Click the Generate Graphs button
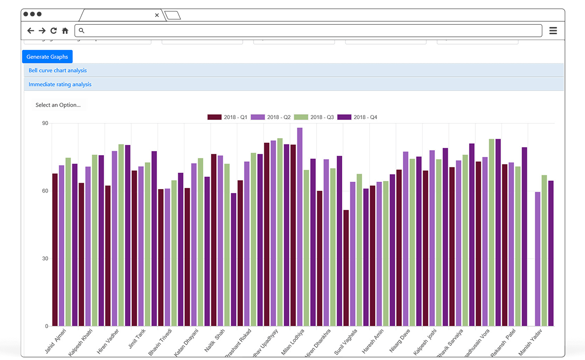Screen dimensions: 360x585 pyautogui.click(x=47, y=57)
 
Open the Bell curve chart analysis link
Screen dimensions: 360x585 pyautogui.click(x=58, y=71)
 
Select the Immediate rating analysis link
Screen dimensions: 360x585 pyautogui.click(x=60, y=85)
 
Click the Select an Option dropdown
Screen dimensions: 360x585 pyautogui.click(x=58, y=105)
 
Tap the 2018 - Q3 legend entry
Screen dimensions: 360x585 pyautogui.click(x=314, y=117)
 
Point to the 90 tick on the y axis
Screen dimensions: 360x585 pyautogui.click(x=45, y=123)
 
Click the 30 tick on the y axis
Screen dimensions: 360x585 pyautogui.click(x=45, y=259)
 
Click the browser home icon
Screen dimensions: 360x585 pyautogui.click(x=65, y=31)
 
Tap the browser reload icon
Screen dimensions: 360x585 pyautogui.click(x=54, y=31)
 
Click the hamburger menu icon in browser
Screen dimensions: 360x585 pyautogui.click(x=553, y=31)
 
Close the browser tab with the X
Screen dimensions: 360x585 pyautogui.click(x=157, y=15)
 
